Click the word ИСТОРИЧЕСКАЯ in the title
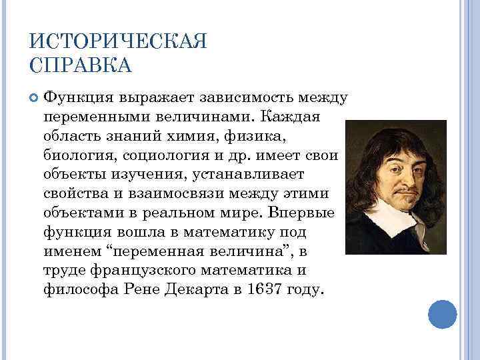pyautogui.click(x=118, y=42)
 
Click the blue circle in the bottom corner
pyautogui.click(x=441, y=313)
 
